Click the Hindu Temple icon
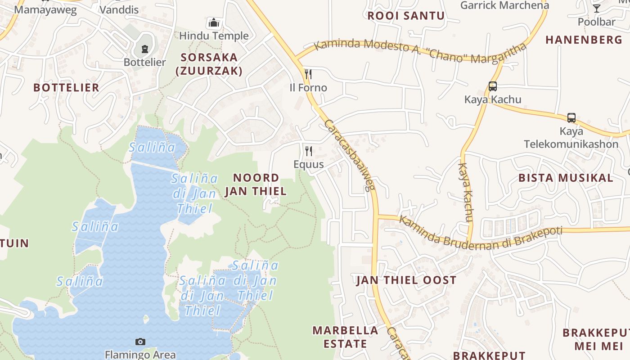(213, 22)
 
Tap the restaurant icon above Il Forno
(308, 74)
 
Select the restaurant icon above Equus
(308, 151)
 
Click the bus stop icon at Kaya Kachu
(493, 86)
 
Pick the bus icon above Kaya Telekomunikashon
(571, 118)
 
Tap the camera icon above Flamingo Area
(140, 342)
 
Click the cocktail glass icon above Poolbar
(597, 8)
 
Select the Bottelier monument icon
(144, 49)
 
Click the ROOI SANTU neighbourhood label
(406, 16)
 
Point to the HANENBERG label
(584, 40)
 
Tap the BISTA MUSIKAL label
(566, 177)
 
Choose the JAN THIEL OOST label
(406, 280)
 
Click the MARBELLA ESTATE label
(346, 337)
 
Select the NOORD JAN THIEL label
(256, 184)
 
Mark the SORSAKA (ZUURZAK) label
(209, 64)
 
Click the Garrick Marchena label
(504, 5)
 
